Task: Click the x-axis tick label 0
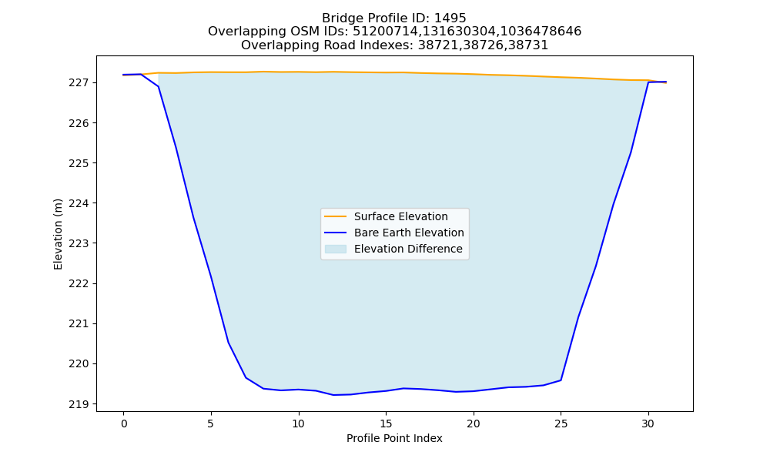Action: tap(124, 423)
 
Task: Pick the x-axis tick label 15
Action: tap(386, 423)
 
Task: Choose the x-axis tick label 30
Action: tap(648, 423)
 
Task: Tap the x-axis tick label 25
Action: tap(561, 423)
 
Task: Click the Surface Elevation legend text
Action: tap(400, 216)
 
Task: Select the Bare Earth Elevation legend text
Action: tap(409, 233)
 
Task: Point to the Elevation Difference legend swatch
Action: tap(336, 249)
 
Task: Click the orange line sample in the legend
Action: tap(336, 216)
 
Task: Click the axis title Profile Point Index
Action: tap(394, 438)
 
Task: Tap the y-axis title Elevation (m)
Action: tap(58, 234)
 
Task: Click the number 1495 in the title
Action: tap(450, 18)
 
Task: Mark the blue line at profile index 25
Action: tap(561, 380)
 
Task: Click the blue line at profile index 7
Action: tap(246, 377)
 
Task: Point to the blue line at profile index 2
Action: tap(159, 87)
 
